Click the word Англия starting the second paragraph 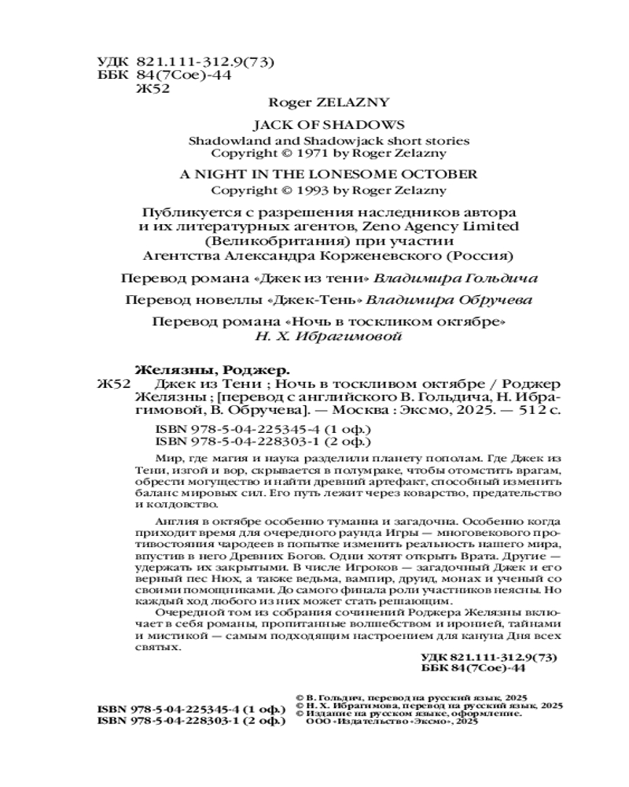pyautogui.click(x=167, y=521)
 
